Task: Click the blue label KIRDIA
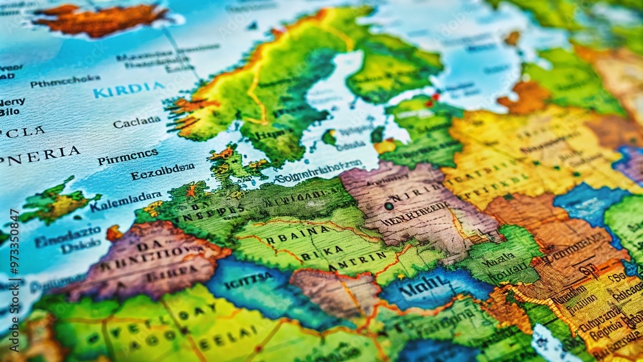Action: click(x=129, y=89)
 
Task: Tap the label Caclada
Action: click(x=137, y=122)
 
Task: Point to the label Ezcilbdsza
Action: click(x=162, y=172)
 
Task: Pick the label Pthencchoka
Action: click(x=65, y=82)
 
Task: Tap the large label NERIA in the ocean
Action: click(x=44, y=156)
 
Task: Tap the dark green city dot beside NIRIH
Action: click(x=389, y=206)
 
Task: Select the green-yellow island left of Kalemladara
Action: click(x=57, y=203)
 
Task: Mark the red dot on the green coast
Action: click(x=435, y=98)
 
